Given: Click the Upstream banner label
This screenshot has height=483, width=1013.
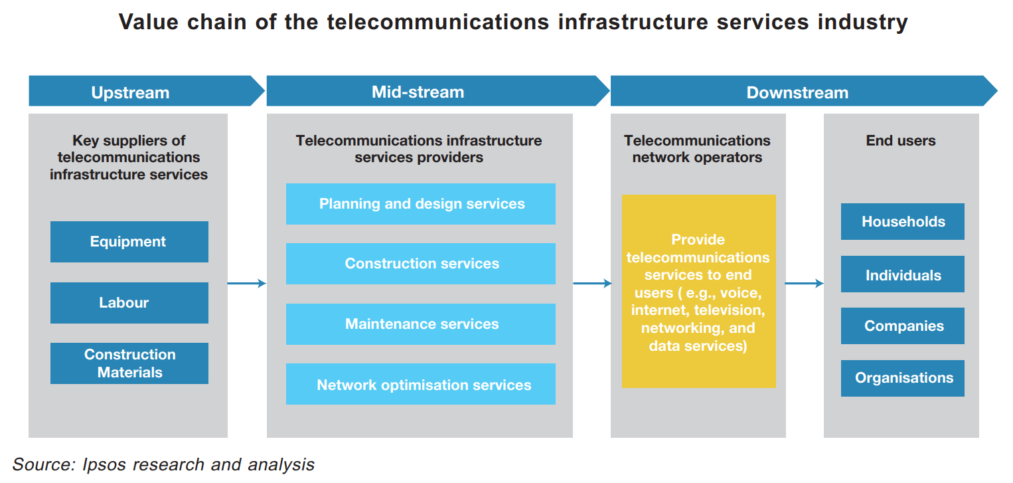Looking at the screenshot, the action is [x=130, y=92].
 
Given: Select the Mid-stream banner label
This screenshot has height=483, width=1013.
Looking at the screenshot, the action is [x=418, y=92].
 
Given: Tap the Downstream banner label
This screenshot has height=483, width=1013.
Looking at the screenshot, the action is [x=797, y=92].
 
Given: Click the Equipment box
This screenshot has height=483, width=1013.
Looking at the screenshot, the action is [x=129, y=242].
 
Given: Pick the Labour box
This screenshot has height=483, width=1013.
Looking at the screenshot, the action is [x=129, y=303].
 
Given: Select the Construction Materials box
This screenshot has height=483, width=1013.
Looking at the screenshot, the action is [x=129, y=363].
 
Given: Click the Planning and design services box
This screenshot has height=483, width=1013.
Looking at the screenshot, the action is [x=421, y=204].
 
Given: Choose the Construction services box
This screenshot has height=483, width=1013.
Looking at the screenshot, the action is [x=421, y=264].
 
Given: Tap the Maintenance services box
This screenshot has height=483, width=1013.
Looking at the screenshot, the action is [x=421, y=324].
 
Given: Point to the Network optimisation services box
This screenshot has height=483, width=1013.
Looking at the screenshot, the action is [x=421, y=384].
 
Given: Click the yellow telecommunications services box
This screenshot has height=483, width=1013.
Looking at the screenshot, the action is [x=699, y=291].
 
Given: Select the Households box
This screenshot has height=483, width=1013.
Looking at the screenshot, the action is [x=903, y=221].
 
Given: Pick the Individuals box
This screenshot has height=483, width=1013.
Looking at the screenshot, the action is [x=903, y=274].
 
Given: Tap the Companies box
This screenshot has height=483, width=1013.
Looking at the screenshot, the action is [x=903, y=326].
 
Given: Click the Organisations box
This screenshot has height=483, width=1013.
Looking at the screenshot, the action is [x=903, y=378].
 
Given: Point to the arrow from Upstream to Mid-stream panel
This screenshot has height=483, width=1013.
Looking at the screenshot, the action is [x=246, y=284].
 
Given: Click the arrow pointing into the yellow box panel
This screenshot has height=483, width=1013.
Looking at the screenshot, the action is [x=592, y=284].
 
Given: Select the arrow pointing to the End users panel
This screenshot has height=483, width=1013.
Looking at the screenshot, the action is [x=804, y=284].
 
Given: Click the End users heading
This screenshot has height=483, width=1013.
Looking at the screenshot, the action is [x=900, y=140].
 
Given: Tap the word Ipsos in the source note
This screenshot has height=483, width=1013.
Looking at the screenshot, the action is [x=104, y=465].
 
